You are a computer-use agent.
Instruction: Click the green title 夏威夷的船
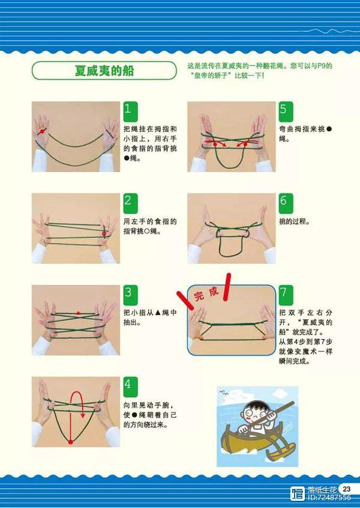click(104, 70)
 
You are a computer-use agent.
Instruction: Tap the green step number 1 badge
click(131, 112)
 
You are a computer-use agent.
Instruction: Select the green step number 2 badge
click(131, 203)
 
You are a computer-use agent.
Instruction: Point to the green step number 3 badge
click(131, 295)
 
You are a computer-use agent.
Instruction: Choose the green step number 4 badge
click(131, 387)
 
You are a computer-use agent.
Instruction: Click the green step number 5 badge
click(286, 112)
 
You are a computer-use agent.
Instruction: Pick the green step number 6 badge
click(286, 203)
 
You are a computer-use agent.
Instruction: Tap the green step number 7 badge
click(286, 295)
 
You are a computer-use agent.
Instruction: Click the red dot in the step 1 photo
click(42, 131)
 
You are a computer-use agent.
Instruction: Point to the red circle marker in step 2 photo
click(104, 233)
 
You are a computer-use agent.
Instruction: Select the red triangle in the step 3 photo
click(78, 313)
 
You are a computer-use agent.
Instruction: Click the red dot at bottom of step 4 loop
click(71, 442)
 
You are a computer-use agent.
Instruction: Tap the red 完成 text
click(206, 293)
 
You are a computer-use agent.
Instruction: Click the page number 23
click(346, 489)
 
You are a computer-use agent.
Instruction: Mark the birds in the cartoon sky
click(224, 393)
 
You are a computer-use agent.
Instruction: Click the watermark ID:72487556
click(329, 497)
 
